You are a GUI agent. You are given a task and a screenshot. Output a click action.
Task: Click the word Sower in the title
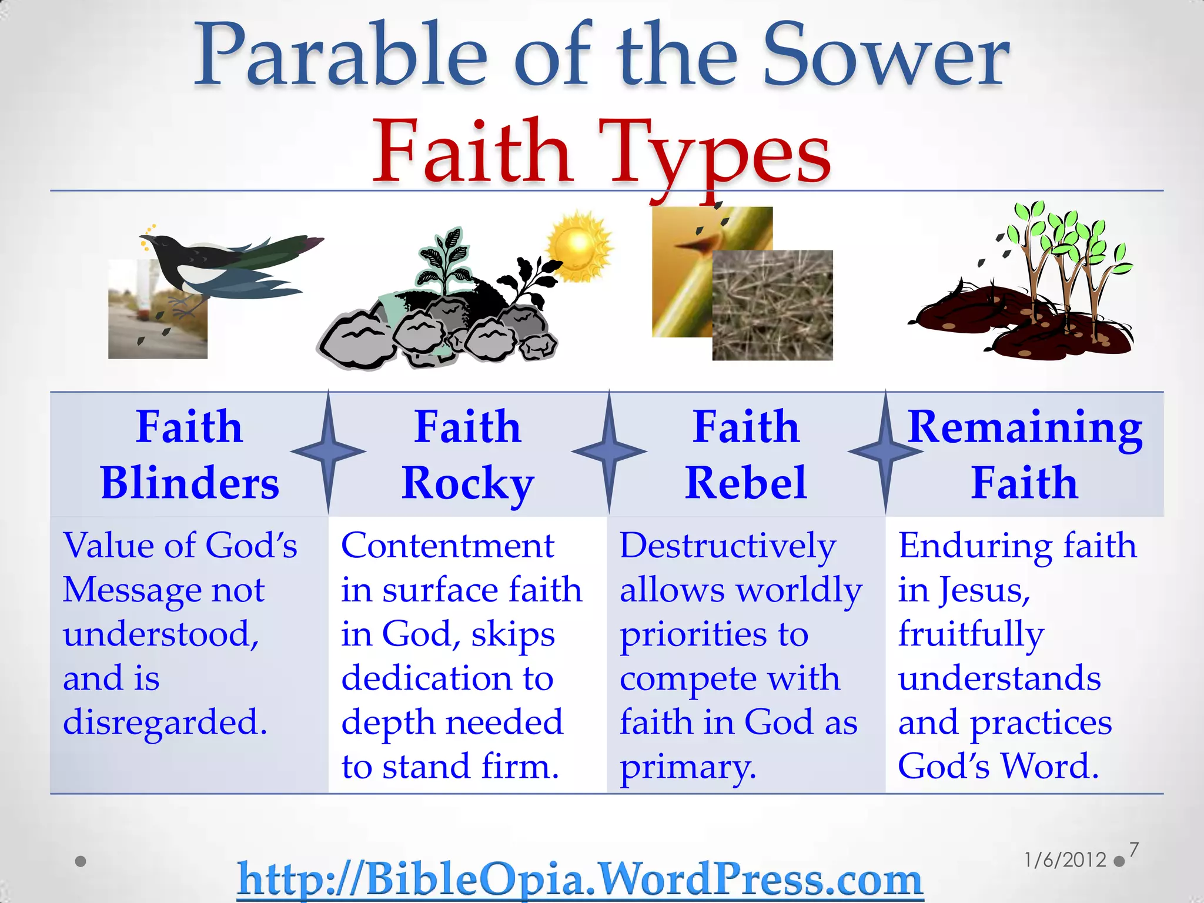coord(885,56)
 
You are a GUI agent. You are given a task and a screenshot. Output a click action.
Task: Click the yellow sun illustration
coord(579,246)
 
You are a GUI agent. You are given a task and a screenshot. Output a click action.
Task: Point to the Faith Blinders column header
coord(189,454)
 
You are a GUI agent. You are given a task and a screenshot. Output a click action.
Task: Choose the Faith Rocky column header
coord(467,454)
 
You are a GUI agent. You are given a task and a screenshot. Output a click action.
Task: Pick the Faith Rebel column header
coord(745,454)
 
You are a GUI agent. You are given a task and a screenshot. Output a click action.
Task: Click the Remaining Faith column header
coord(1024,454)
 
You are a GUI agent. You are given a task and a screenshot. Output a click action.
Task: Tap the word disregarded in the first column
coord(165,723)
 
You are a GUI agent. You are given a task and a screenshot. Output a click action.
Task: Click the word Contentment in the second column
coord(447,546)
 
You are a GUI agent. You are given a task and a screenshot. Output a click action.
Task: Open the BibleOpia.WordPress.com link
coord(580,879)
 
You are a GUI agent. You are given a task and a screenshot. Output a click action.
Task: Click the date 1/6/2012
coord(1065,860)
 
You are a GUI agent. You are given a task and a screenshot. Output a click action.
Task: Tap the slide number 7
coord(1134,850)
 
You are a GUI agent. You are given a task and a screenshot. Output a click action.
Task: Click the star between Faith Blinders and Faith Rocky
coord(328,451)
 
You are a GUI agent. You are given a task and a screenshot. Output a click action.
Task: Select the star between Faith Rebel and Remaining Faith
coord(885,451)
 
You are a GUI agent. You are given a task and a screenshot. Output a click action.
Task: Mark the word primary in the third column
coord(687,767)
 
